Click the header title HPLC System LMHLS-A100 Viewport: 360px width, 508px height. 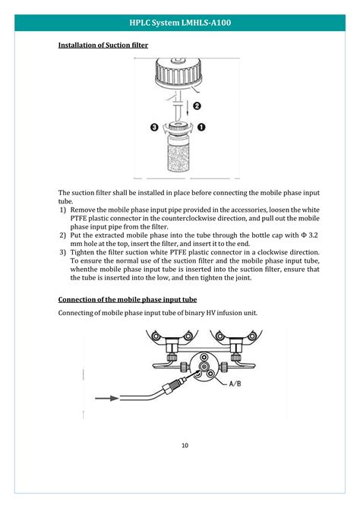coord(180,23)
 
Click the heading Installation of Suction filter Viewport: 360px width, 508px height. coord(103,45)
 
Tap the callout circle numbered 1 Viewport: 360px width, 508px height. coord(201,127)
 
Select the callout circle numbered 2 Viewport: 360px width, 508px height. coord(197,106)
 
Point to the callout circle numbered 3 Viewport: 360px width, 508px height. coord(155,127)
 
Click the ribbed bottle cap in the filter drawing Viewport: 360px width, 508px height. coord(178,72)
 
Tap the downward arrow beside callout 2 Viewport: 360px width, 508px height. coord(188,107)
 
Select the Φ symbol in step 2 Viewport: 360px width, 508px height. coord(304,235)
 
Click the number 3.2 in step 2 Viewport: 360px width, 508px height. coord(314,235)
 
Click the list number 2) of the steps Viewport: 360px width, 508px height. coord(62,235)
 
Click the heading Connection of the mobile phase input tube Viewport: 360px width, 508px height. coord(128,299)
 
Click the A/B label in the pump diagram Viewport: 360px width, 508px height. coord(235,383)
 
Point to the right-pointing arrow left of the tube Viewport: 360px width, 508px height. coord(107,398)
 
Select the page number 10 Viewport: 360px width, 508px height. coord(185,446)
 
